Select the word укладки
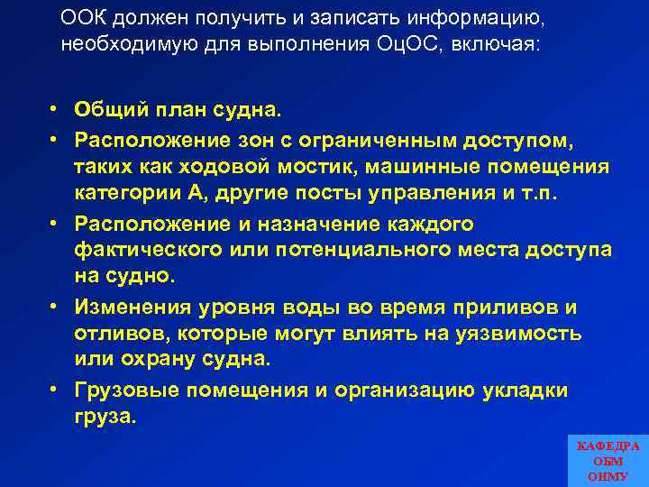click(x=522, y=390)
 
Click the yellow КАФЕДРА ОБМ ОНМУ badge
click(x=608, y=460)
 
